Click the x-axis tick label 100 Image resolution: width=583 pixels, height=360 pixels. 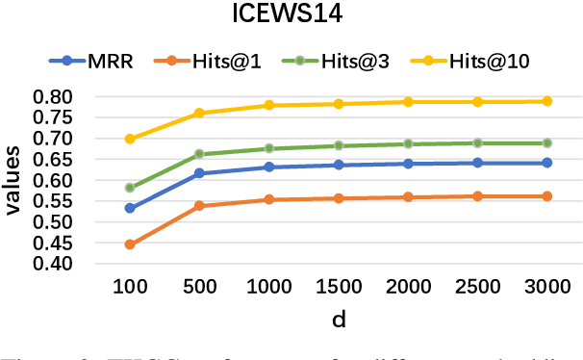(130, 289)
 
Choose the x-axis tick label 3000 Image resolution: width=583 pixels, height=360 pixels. (546, 289)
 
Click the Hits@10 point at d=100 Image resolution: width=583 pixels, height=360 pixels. (130, 139)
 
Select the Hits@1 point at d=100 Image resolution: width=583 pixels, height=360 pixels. (130, 244)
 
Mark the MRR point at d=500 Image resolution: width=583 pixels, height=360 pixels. (199, 173)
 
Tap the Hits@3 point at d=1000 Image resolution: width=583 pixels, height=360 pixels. (269, 148)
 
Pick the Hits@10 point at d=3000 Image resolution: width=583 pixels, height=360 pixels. (546, 101)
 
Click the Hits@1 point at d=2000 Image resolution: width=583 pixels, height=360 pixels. (408, 197)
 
